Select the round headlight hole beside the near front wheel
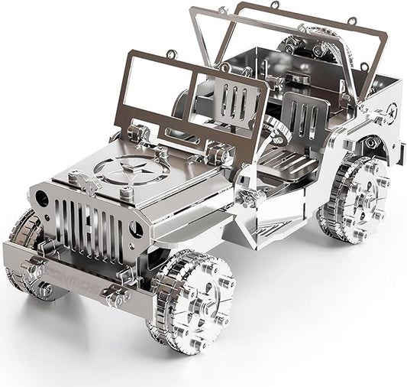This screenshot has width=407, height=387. coord(136,229)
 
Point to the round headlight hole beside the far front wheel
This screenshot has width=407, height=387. coord(42,199)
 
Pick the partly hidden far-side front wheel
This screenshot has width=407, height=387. coord(24,233)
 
